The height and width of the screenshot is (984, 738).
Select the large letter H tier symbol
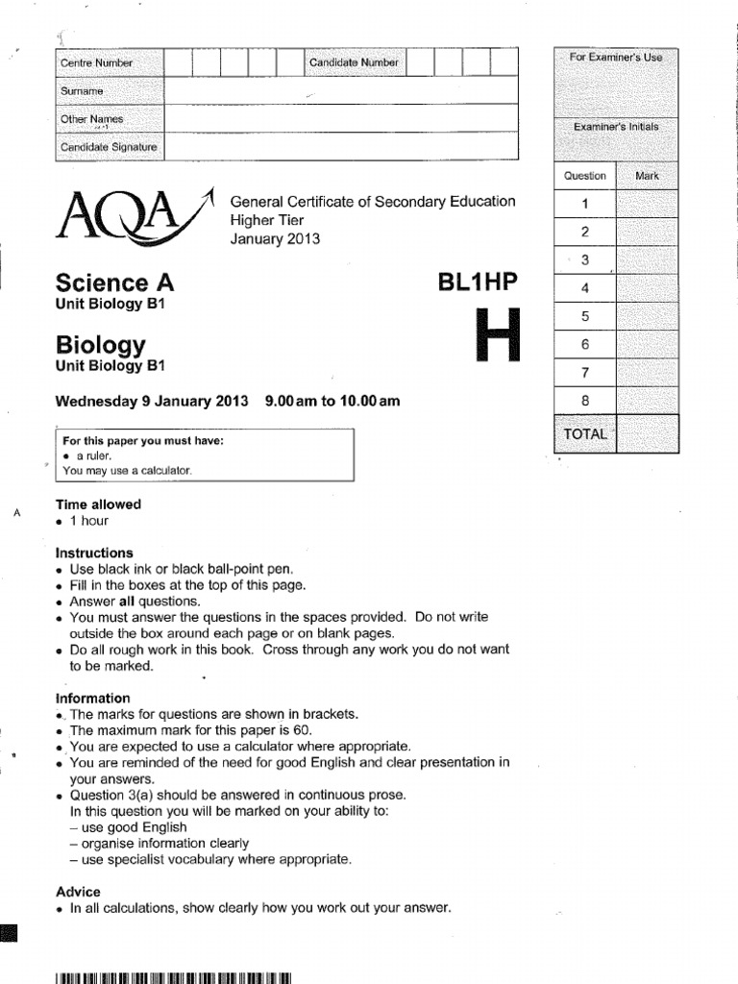[x=499, y=335]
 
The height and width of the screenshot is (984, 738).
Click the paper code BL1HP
[x=478, y=282]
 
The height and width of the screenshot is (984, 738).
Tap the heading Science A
[x=115, y=283]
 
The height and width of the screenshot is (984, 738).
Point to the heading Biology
[x=101, y=344]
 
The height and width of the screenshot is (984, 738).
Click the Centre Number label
[x=97, y=63]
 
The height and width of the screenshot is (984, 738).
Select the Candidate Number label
[x=353, y=63]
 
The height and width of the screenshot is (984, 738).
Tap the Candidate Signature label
[x=109, y=147]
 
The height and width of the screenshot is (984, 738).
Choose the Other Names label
[x=92, y=119]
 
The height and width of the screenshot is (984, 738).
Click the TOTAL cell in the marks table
[x=585, y=434]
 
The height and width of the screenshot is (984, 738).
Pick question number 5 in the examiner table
[x=585, y=316]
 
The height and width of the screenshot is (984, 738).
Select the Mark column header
[x=647, y=176]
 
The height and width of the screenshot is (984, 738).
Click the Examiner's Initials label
[x=616, y=127]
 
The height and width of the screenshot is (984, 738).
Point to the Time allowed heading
[x=98, y=504]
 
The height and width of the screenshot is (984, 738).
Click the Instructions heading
[x=94, y=553]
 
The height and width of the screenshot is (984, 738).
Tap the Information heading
[x=92, y=698]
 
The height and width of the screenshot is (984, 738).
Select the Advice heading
[x=78, y=891]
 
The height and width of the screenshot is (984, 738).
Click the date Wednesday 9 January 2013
[x=152, y=402]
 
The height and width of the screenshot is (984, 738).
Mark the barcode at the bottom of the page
[x=173, y=977]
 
